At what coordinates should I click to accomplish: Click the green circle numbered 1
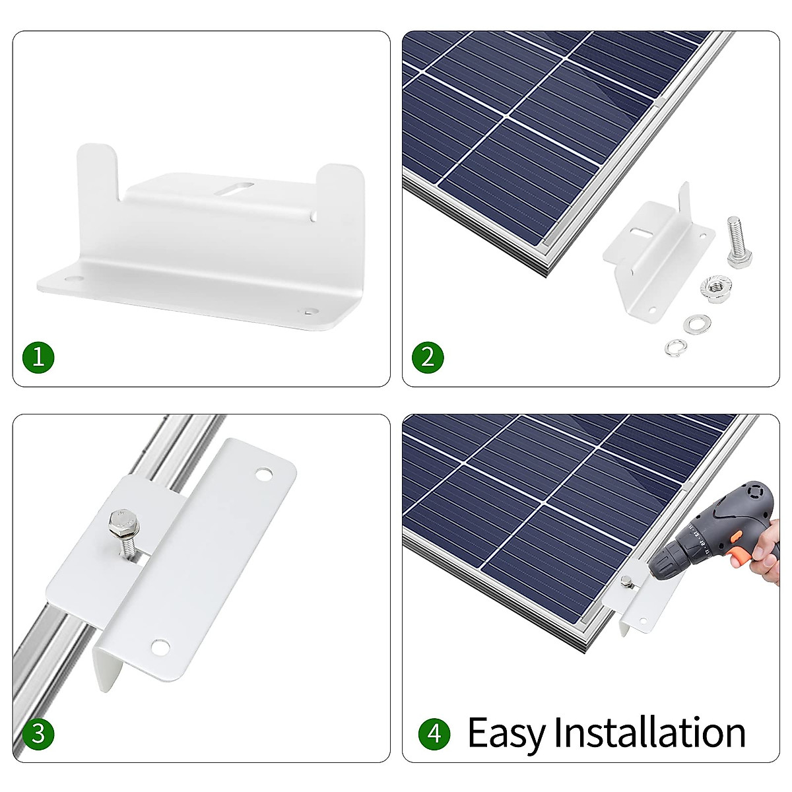point(38,358)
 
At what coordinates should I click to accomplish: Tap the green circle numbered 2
point(428,358)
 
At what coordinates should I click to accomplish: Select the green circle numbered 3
point(38,734)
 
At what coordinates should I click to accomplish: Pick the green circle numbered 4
point(434,734)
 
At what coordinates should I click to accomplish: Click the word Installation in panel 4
point(650,733)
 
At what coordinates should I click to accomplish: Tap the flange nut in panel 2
point(714,287)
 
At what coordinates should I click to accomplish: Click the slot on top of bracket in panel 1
point(232,188)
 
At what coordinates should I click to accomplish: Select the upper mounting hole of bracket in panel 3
point(264,474)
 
